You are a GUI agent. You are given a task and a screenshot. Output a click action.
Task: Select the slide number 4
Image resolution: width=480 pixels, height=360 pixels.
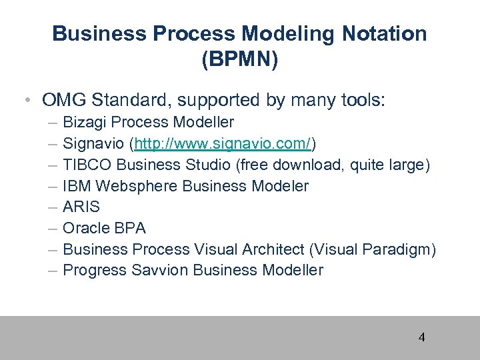coord(421,337)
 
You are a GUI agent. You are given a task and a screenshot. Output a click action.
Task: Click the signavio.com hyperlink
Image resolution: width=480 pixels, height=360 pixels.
coord(223,143)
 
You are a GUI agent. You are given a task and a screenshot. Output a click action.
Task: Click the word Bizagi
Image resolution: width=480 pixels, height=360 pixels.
coord(84,123)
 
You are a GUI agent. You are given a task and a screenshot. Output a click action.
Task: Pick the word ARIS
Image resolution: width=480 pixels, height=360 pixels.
coord(81,207)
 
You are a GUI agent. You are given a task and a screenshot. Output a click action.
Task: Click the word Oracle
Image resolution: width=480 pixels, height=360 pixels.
coord(85,228)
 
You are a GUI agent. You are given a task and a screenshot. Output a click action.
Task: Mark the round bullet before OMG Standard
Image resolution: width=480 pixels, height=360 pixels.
coord(24,101)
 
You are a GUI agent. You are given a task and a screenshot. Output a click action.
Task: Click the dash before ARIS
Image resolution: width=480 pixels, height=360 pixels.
coord(53,207)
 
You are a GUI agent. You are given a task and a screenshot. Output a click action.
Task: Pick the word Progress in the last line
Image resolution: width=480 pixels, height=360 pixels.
coord(94,270)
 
